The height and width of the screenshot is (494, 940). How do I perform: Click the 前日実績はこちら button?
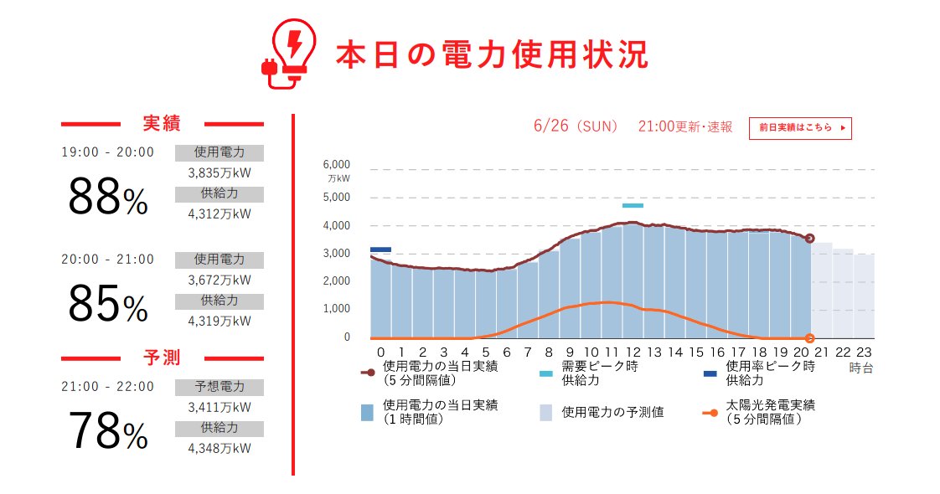(x=800, y=128)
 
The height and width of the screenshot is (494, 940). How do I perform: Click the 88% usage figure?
(x=107, y=199)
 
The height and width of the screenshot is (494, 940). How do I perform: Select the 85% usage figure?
(x=107, y=304)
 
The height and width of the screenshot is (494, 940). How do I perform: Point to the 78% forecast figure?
(x=107, y=432)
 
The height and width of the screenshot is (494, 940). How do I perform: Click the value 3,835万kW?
(x=219, y=173)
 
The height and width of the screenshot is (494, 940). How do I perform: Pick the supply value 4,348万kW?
(x=219, y=448)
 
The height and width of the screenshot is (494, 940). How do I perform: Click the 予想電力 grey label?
(x=220, y=387)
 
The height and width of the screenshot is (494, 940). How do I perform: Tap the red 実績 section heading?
(x=162, y=124)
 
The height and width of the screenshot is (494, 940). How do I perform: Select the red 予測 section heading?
(x=162, y=358)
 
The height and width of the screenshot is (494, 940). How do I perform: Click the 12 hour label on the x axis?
(x=633, y=352)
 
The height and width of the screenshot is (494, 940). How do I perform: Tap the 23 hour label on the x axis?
(x=864, y=352)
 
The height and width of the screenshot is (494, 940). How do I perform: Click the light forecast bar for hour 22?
(x=843, y=293)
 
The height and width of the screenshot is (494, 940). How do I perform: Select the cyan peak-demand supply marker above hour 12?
(x=633, y=205)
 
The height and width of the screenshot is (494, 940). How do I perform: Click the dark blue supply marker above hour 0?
(x=380, y=249)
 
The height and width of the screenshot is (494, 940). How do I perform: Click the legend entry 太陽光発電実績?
(x=771, y=411)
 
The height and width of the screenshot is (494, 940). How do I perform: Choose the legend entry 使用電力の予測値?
(x=612, y=412)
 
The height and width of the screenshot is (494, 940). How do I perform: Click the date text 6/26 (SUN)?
(x=576, y=126)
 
